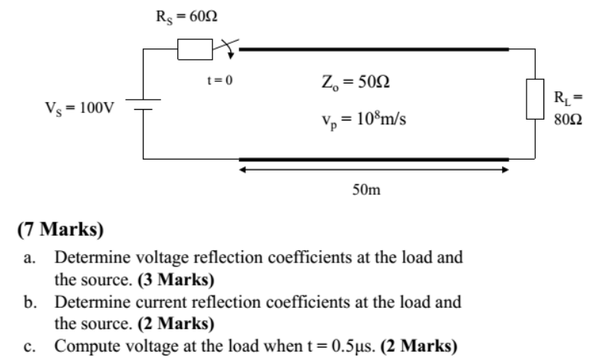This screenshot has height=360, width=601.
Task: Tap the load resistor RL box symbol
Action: click(x=535, y=98)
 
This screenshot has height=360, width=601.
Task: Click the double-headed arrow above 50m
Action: click(x=373, y=170)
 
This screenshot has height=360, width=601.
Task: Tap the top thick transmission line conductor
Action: click(x=374, y=49)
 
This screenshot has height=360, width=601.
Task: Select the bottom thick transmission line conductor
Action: click(x=374, y=159)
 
